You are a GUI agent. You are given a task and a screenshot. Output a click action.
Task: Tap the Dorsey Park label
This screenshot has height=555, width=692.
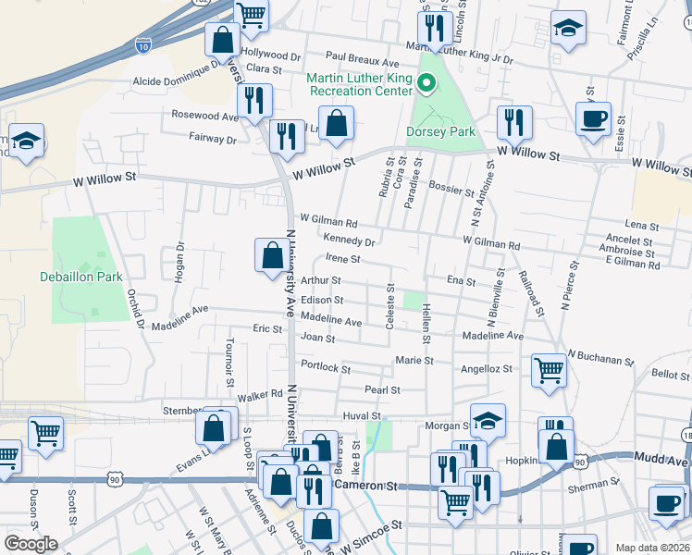pyautogui.click(x=440, y=132)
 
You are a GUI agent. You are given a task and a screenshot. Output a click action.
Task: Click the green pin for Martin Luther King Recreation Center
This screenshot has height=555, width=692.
pyautogui.click(x=426, y=84)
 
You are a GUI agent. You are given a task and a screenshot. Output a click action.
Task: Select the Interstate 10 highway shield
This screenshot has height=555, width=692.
pyautogui.click(x=142, y=43)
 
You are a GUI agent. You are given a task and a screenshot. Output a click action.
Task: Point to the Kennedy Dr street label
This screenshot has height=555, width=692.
pyautogui.click(x=349, y=241)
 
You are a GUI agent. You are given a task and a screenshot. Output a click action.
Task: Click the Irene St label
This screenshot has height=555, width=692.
pyautogui.click(x=341, y=260)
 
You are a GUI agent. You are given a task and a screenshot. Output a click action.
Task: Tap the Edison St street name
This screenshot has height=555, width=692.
pyautogui.click(x=322, y=301)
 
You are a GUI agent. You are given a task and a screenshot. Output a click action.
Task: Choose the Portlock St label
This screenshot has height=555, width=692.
pyautogui.click(x=325, y=368)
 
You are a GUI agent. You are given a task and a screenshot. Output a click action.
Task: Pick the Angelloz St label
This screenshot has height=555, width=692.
pyautogui.click(x=487, y=369)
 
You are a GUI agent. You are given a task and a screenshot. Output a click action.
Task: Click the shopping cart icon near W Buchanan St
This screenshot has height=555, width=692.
pyautogui.click(x=550, y=370)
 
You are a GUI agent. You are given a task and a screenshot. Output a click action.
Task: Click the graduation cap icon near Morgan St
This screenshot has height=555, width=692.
pyautogui.click(x=488, y=421)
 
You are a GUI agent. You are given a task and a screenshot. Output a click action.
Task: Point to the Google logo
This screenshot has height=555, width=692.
pyautogui.click(x=31, y=544)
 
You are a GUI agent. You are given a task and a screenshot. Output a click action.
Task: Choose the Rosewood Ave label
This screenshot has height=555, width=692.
pyautogui.click(x=204, y=116)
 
